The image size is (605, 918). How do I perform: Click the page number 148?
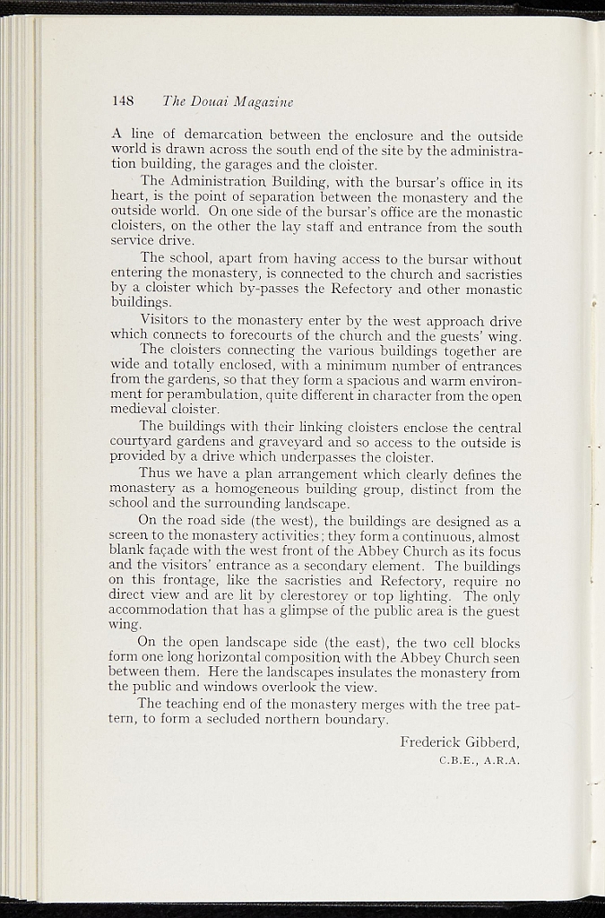[x=123, y=101]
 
